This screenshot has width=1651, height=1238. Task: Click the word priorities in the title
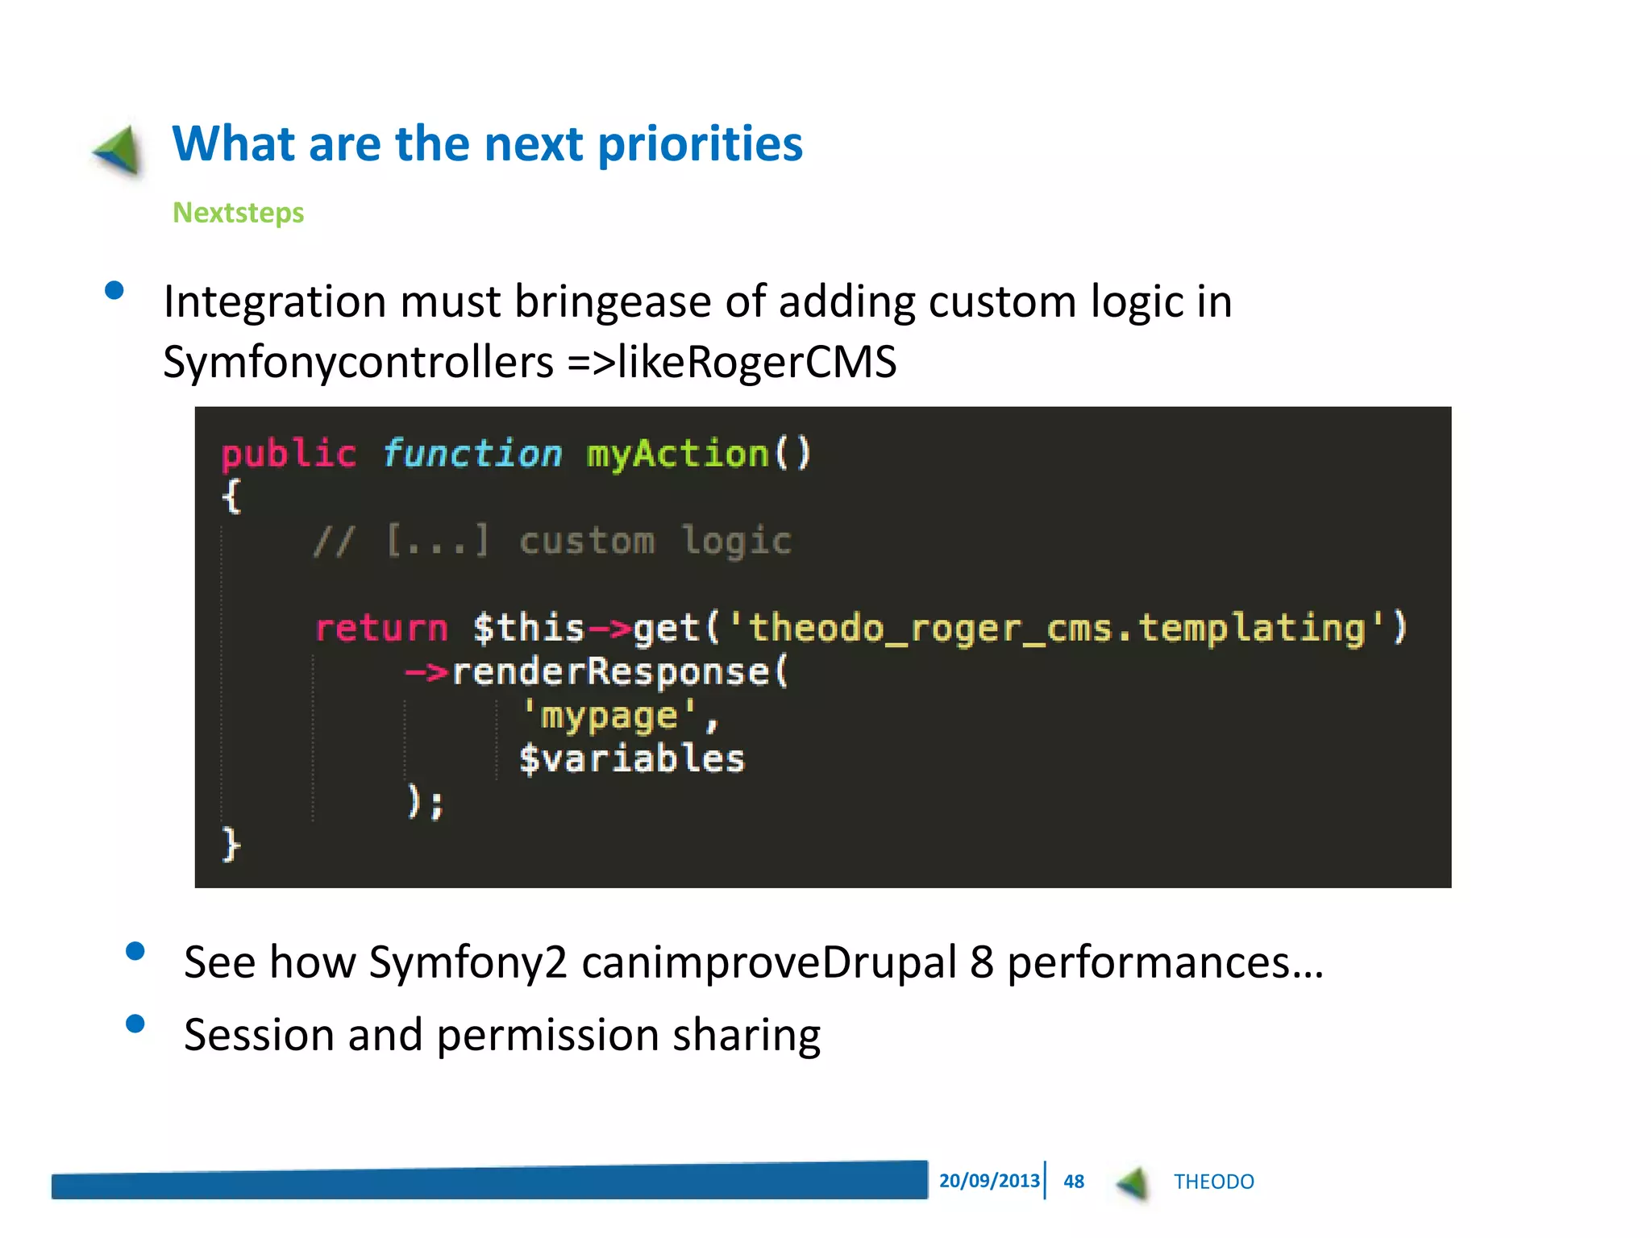[700, 145]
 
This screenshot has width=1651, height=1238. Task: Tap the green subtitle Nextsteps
[238, 213]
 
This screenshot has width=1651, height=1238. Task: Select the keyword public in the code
[288, 455]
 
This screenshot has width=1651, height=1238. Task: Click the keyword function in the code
[472, 454]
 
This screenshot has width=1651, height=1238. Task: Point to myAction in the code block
[677, 454]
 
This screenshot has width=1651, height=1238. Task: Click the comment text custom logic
[655, 541]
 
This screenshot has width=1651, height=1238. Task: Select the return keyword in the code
[381, 628]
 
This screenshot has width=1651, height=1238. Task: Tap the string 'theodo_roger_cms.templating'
[1056, 628]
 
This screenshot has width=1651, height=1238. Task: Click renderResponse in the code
[610, 671]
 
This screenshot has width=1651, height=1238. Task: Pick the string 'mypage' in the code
[609, 716]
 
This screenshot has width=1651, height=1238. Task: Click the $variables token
[631, 759]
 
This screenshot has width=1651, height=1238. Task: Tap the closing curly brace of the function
[231, 845]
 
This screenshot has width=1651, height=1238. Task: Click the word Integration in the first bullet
[274, 302]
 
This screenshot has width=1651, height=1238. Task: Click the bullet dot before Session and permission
[135, 1024]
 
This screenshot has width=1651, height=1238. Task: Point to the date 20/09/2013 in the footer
[988, 1181]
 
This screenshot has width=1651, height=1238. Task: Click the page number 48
[1073, 1182]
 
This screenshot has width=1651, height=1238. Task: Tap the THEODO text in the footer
[1213, 1182]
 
